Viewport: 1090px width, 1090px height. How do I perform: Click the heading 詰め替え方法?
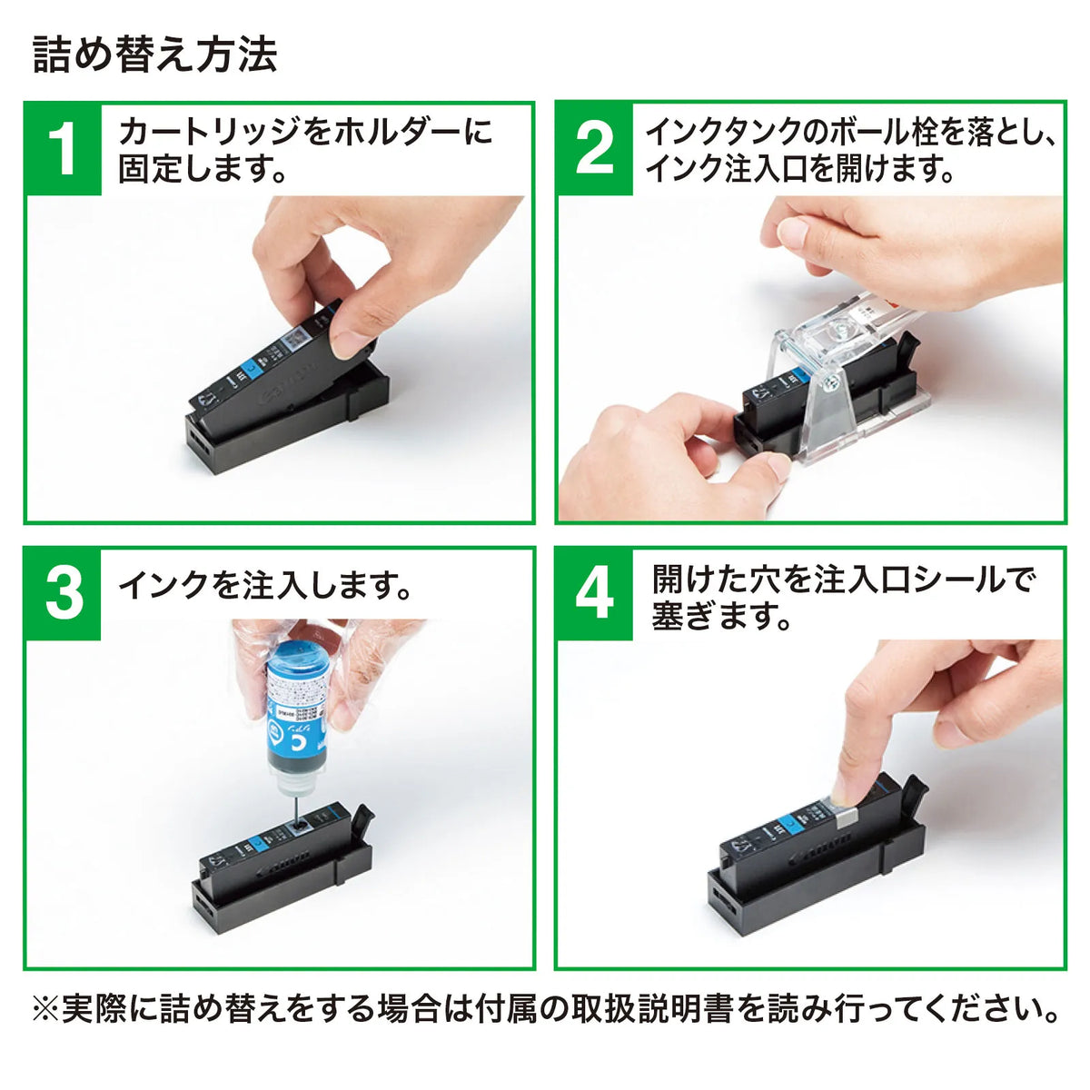click(154, 54)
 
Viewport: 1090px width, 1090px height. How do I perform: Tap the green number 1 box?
click(64, 149)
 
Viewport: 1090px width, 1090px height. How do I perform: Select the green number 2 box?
click(594, 149)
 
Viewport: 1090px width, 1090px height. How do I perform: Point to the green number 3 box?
click(64, 594)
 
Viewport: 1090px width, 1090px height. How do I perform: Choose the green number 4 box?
click(594, 594)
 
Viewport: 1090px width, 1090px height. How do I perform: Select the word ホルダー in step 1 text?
click(391, 131)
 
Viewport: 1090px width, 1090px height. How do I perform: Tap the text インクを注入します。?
click(264, 585)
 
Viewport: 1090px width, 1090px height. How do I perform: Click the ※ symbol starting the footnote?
click(45, 1008)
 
